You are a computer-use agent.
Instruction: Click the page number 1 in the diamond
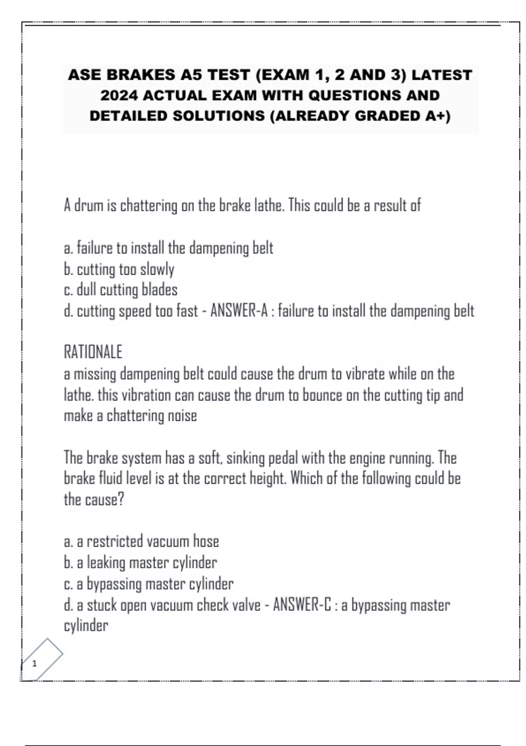point(35,664)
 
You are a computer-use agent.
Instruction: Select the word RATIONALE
point(93,352)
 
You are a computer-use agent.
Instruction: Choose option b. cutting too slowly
point(119,269)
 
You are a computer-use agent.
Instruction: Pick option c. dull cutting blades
point(121,290)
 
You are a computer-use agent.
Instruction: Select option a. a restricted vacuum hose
point(141,542)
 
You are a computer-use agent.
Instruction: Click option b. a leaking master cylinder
point(140,563)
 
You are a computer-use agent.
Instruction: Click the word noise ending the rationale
point(182,416)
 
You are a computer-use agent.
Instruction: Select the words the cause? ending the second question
point(94,499)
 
